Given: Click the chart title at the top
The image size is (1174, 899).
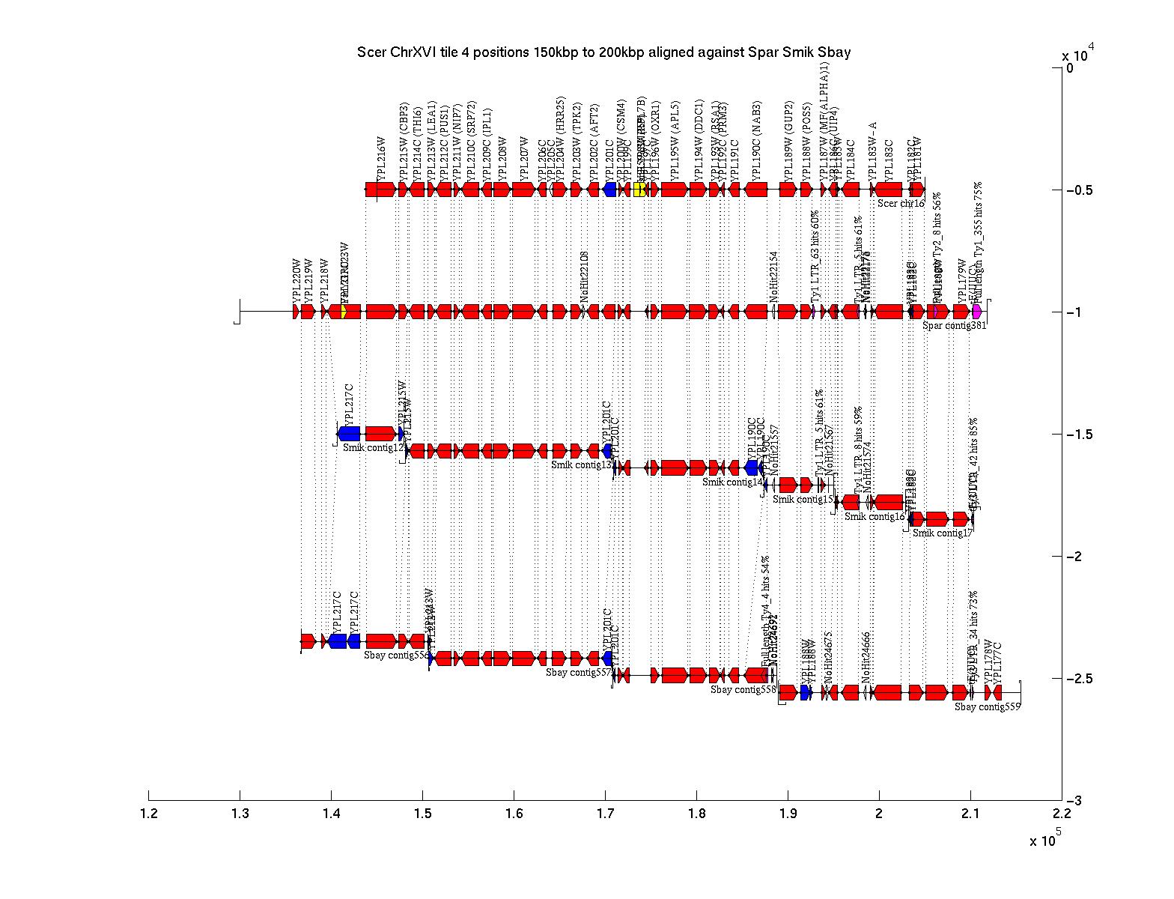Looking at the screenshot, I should coord(603,52).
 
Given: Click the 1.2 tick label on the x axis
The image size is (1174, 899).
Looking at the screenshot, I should coord(148,814).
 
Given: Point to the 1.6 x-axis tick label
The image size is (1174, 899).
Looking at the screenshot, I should coord(514,814).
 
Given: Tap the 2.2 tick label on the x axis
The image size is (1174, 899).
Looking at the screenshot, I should coord(1062,814).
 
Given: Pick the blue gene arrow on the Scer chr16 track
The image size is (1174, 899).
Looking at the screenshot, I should coord(609,190).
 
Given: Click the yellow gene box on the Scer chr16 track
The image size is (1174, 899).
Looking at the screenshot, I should coord(639,190).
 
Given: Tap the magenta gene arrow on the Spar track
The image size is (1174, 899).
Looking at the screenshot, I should coord(976,311).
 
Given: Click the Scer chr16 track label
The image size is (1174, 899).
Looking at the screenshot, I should coord(901,203).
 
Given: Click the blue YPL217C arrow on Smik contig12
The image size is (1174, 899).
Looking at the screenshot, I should coord(349,433).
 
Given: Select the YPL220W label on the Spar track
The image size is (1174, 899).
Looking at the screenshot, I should coord(296,282).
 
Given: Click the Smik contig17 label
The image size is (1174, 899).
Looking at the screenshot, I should coord(942,533).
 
